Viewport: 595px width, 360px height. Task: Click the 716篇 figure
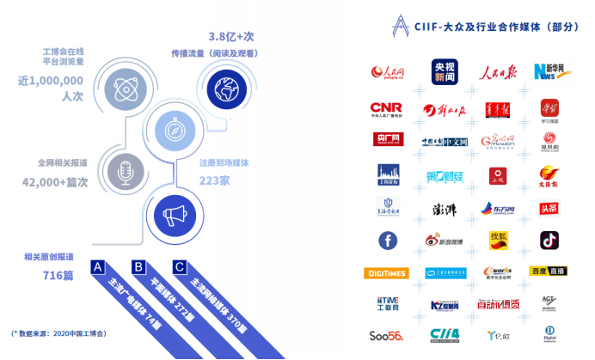tap(58, 276)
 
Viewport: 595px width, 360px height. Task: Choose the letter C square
tap(178, 266)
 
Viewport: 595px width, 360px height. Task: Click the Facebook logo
tap(386, 241)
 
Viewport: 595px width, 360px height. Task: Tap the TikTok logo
tap(549, 240)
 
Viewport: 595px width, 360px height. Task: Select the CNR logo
tap(385, 109)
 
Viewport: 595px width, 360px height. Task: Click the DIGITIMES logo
tap(386, 273)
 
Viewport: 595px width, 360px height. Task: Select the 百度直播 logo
tap(549, 272)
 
